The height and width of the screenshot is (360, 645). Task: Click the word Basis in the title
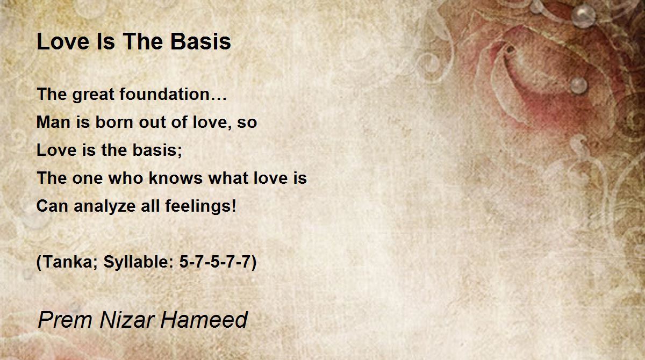point(200,41)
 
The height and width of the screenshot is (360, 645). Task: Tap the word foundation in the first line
point(164,94)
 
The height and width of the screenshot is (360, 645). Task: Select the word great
point(93,95)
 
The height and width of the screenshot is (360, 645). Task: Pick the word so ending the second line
point(247,123)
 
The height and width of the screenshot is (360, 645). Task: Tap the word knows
point(176,177)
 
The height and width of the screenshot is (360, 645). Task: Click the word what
point(228,177)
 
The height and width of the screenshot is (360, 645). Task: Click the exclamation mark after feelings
point(233,206)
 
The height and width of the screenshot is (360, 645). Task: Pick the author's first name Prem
point(65,320)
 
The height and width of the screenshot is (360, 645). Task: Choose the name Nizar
point(126,320)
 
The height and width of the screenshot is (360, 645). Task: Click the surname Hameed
point(204,320)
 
